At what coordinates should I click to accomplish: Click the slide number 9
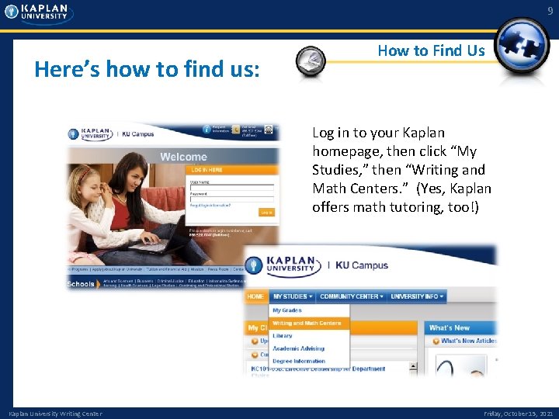pos(550,10)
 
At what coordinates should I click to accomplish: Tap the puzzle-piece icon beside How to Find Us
pos(522,49)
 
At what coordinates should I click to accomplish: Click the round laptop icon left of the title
pos(311,59)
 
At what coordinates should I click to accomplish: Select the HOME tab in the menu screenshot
pos(255,296)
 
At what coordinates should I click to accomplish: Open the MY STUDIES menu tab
pos(292,296)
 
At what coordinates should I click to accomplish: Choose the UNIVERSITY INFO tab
pos(418,296)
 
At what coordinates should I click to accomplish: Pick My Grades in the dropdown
pos(287,310)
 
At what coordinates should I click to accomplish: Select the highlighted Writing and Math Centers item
pos(307,323)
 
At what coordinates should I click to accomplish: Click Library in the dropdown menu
pos(283,336)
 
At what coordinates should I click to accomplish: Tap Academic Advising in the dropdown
pos(298,348)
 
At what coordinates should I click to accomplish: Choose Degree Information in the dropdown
pos(299,362)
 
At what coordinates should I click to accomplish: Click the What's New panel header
pos(450,328)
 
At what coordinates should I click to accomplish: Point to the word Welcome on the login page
pos(184,157)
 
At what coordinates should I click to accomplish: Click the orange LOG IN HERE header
pos(207,170)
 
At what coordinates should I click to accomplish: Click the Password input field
pos(231,199)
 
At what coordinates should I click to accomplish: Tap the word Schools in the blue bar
pos(81,284)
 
